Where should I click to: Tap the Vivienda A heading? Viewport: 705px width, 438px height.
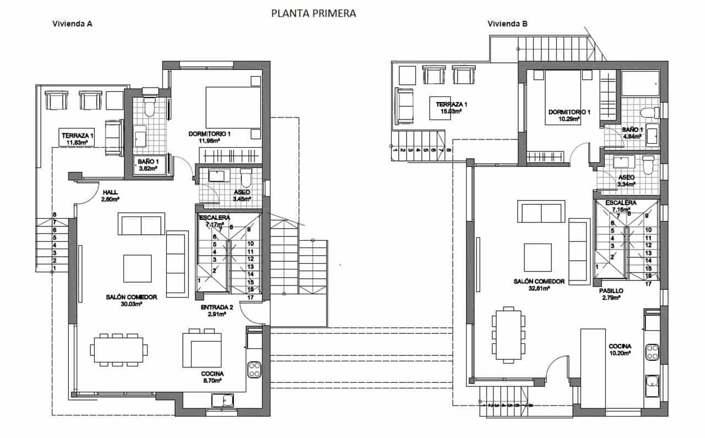click(x=72, y=24)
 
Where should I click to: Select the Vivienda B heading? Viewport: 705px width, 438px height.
click(x=508, y=24)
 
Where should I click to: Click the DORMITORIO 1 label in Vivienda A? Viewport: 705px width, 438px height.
click(x=209, y=134)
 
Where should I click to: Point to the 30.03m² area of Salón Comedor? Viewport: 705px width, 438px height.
click(x=132, y=304)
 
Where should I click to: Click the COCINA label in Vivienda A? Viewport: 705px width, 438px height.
click(x=212, y=373)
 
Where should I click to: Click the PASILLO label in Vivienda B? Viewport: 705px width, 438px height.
click(x=611, y=290)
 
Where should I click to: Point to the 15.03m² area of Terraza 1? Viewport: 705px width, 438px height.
click(x=451, y=111)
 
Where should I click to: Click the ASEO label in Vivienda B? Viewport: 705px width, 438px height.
click(x=626, y=177)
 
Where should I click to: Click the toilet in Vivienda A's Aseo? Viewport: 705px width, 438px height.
click(x=246, y=177)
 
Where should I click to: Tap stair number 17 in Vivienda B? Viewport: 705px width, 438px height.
click(x=648, y=284)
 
